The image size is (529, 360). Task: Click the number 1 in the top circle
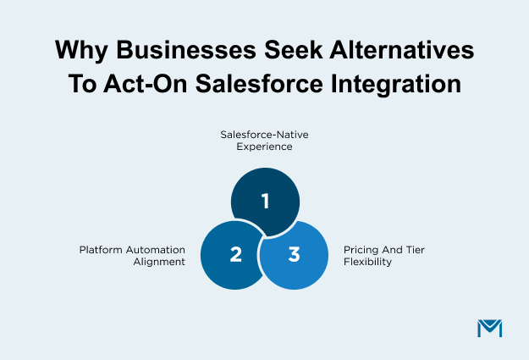265,202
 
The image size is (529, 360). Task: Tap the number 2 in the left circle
235,254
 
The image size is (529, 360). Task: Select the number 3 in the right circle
294,254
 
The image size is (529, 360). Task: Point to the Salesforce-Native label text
264,133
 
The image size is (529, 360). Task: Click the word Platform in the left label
101,251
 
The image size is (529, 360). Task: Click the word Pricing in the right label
361,251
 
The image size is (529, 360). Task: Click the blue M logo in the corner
489,328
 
